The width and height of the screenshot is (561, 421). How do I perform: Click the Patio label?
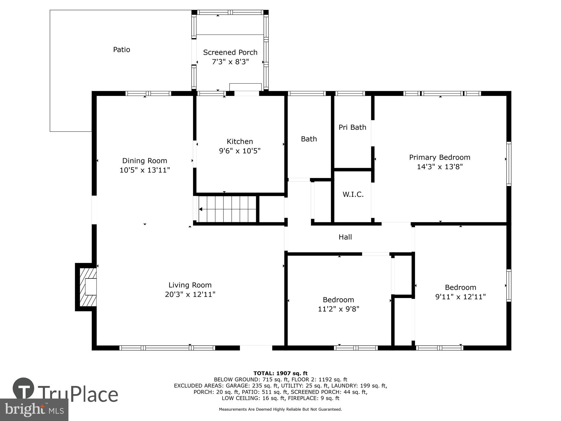(x=121, y=50)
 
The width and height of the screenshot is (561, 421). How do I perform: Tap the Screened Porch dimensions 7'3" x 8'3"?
(x=230, y=62)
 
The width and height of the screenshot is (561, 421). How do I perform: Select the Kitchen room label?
(x=240, y=141)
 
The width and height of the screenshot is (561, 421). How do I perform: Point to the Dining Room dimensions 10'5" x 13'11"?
(x=145, y=170)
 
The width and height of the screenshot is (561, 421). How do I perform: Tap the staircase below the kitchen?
(x=227, y=209)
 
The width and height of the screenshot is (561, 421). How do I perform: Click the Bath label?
(x=309, y=139)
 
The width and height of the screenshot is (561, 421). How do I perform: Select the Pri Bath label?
(x=352, y=127)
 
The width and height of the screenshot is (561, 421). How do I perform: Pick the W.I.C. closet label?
(x=353, y=195)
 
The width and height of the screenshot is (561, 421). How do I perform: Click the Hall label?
(x=345, y=237)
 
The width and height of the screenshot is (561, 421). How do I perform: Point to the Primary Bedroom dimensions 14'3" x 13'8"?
(x=440, y=167)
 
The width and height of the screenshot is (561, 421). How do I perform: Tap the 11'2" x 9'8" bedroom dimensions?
(x=338, y=309)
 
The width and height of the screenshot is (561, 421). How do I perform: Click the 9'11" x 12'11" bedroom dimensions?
(x=460, y=297)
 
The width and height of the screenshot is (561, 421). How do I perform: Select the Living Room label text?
(x=190, y=285)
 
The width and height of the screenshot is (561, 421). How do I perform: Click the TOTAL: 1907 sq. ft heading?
(x=280, y=373)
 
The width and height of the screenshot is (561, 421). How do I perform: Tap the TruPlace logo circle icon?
(x=23, y=388)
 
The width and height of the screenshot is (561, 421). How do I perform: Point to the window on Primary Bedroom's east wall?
(x=509, y=164)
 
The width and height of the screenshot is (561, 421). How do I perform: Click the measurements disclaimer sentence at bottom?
(x=280, y=409)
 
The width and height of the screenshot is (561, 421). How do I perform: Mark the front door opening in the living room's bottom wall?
(x=256, y=348)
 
